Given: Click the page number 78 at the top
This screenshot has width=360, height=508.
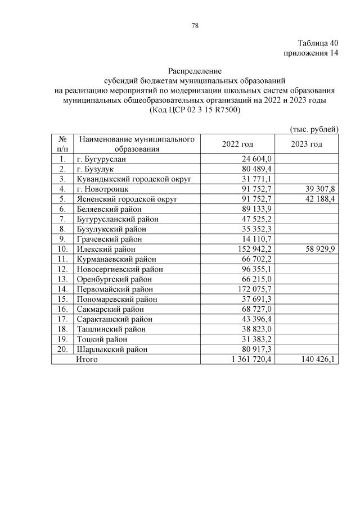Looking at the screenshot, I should (195, 25).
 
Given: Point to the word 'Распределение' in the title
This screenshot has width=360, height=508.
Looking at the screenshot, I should (195, 71).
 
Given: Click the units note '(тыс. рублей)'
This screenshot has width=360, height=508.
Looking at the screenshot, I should (314, 129).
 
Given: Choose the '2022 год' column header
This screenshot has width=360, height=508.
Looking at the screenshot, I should (238, 144).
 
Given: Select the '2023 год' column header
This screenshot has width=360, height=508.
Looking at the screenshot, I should (307, 144).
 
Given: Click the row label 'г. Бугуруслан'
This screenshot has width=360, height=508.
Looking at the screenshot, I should (102, 160).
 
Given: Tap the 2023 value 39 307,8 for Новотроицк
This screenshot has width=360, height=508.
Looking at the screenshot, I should (319, 189).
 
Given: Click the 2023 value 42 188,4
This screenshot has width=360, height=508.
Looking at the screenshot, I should (319, 199).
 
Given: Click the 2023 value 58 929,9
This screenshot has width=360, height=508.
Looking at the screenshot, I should (319, 249).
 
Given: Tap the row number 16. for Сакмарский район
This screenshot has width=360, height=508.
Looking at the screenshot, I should (63, 309).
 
